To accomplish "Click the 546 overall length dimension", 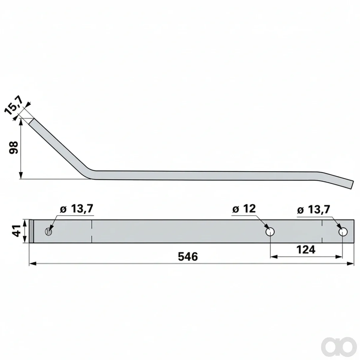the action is tap(188, 256).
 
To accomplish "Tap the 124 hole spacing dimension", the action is tap(306, 250).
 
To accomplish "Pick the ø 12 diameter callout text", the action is tap(244, 209).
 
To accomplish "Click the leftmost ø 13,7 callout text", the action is tap(76, 209).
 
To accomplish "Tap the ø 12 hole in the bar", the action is tap(270, 232).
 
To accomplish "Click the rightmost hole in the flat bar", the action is tap(343, 232).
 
